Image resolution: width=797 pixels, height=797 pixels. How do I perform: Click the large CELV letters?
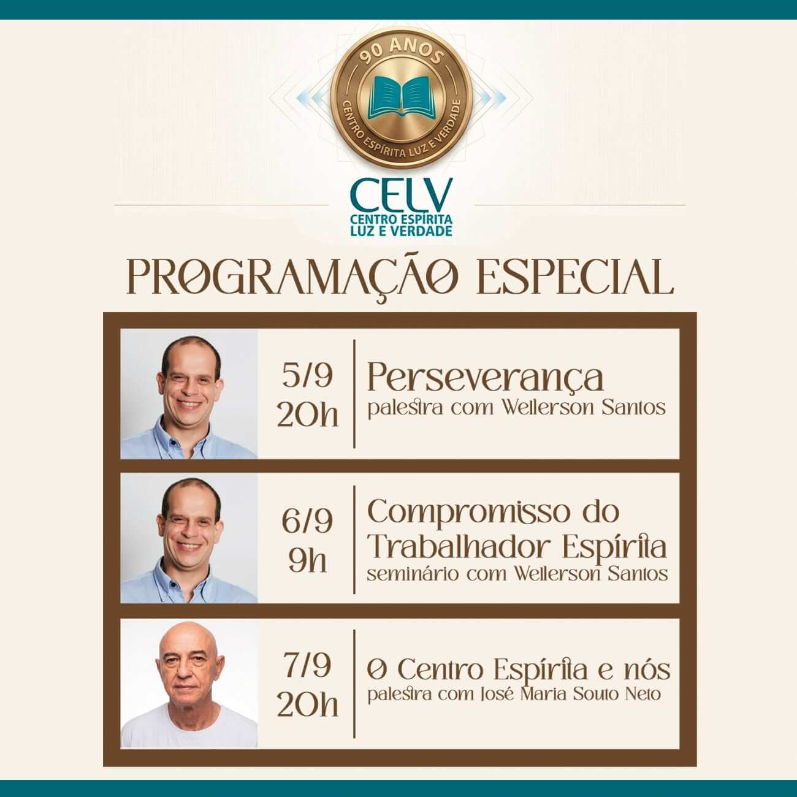coord(401,194)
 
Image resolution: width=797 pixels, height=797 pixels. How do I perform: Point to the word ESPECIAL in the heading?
coord(575,276)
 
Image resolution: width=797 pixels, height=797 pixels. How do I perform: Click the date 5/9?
coord(307,376)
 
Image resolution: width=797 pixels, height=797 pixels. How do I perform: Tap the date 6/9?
coord(307,521)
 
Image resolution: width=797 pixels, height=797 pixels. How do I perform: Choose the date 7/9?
coord(307,666)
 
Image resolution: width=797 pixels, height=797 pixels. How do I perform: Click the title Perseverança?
coord(486,378)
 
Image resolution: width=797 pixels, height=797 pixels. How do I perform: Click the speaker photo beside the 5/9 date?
coord(189,394)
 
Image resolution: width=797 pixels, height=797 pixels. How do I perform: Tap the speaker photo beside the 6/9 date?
coord(189,538)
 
